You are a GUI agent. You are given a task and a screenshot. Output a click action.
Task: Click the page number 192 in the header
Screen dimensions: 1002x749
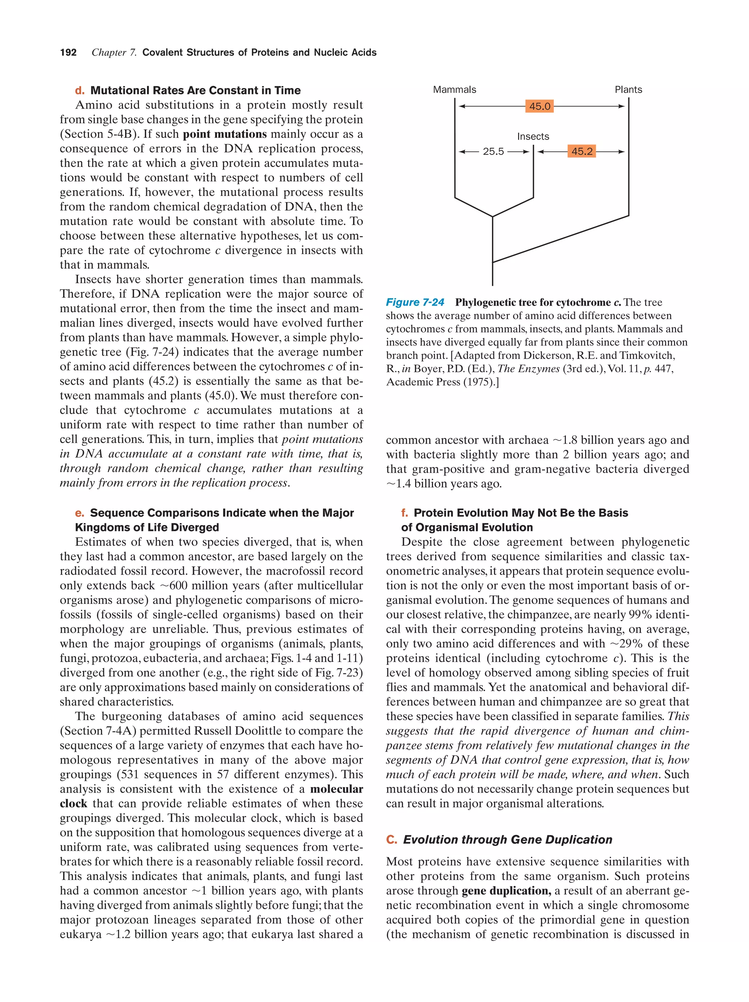(68, 53)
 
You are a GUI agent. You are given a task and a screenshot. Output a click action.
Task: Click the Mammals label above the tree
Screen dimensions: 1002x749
(455, 90)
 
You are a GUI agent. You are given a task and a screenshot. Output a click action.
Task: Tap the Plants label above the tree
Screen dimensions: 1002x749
(628, 90)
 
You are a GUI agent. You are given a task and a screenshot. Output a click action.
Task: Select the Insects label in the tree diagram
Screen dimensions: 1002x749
(533, 136)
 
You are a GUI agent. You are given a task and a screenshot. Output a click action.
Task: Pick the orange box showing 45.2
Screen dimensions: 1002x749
(582, 151)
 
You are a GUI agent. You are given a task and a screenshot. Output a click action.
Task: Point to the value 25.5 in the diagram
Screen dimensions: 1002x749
(493, 152)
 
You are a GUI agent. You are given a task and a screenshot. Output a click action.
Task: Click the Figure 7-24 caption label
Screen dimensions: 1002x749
(415, 302)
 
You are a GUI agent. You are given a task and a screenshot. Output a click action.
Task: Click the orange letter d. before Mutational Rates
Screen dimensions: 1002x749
(80, 91)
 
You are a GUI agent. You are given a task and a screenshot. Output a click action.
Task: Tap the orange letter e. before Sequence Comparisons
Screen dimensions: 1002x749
(80, 513)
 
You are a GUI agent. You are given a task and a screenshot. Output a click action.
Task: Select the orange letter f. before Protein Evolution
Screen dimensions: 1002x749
(404, 513)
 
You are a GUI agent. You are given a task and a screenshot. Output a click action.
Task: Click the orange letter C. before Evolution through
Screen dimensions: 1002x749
(391, 839)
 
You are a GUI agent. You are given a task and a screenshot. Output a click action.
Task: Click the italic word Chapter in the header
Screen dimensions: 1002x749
(109, 53)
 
